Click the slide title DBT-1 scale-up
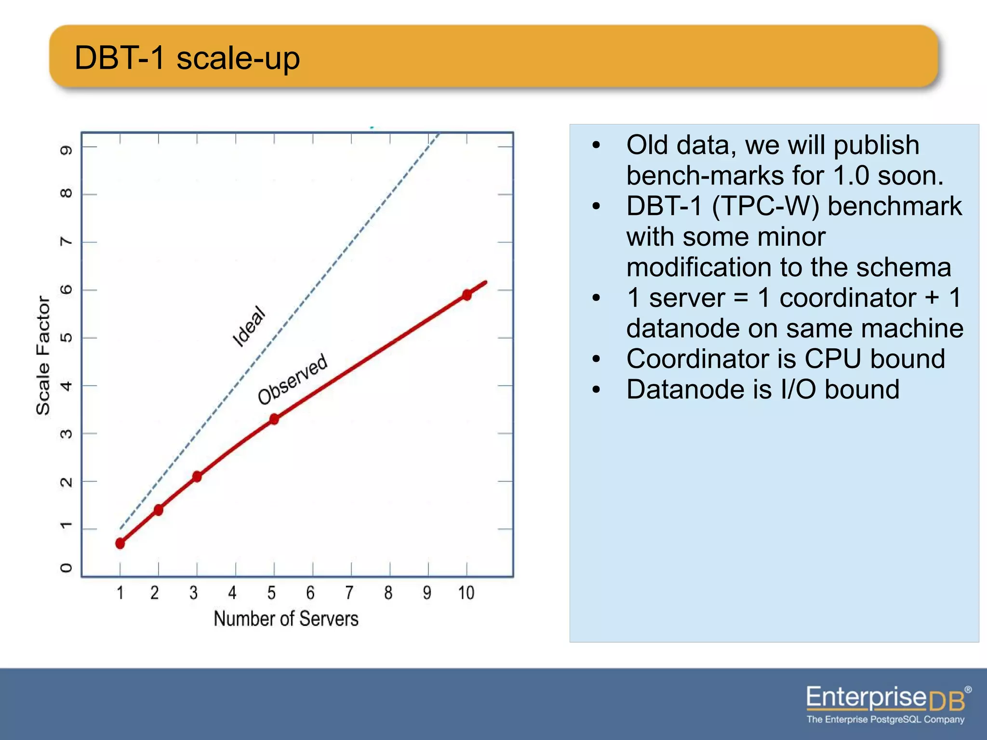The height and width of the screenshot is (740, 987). (187, 58)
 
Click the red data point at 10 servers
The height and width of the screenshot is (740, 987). (467, 295)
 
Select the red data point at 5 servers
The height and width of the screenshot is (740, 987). (274, 419)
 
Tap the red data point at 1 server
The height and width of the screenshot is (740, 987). (120, 543)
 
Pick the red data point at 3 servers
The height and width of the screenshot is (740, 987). (197, 476)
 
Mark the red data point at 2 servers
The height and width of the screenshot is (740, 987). (159, 510)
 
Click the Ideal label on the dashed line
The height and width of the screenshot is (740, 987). (249, 326)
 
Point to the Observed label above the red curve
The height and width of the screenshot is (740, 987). (293, 379)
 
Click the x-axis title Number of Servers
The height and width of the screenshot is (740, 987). (286, 619)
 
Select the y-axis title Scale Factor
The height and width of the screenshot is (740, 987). (43, 355)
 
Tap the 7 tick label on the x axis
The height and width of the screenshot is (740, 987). (349, 593)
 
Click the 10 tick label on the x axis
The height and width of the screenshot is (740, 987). (466, 593)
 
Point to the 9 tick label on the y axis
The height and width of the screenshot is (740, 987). (66, 150)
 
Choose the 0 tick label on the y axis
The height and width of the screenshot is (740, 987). (66, 568)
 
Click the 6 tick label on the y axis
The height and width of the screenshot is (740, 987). (66, 290)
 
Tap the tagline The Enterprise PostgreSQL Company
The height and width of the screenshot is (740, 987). (885, 719)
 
